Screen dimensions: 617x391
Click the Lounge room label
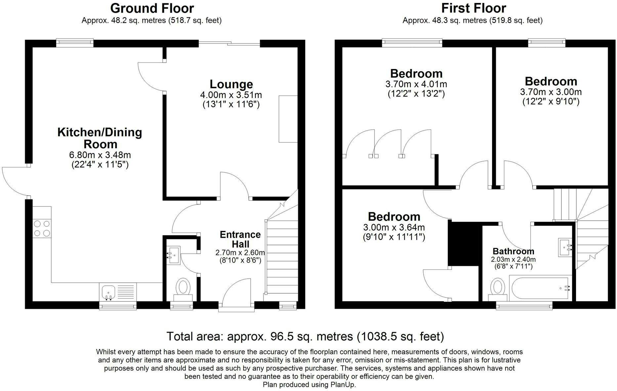[x=231, y=84]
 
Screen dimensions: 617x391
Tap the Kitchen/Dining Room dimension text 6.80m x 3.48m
[x=100, y=155]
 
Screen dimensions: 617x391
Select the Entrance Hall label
[x=240, y=239]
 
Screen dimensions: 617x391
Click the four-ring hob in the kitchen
[x=42, y=228]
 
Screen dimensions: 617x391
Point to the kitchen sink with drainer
[x=117, y=292]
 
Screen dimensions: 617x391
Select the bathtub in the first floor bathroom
[x=541, y=288]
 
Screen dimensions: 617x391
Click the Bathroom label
[x=513, y=251]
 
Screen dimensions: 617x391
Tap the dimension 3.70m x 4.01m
[x=416, y=84]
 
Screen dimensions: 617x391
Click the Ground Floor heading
[x=152, y=8]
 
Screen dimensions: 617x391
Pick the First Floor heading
[x=473, y=8]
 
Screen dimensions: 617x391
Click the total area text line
[x=305, y=337]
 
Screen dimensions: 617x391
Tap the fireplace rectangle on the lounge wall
[x=288, y=119]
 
